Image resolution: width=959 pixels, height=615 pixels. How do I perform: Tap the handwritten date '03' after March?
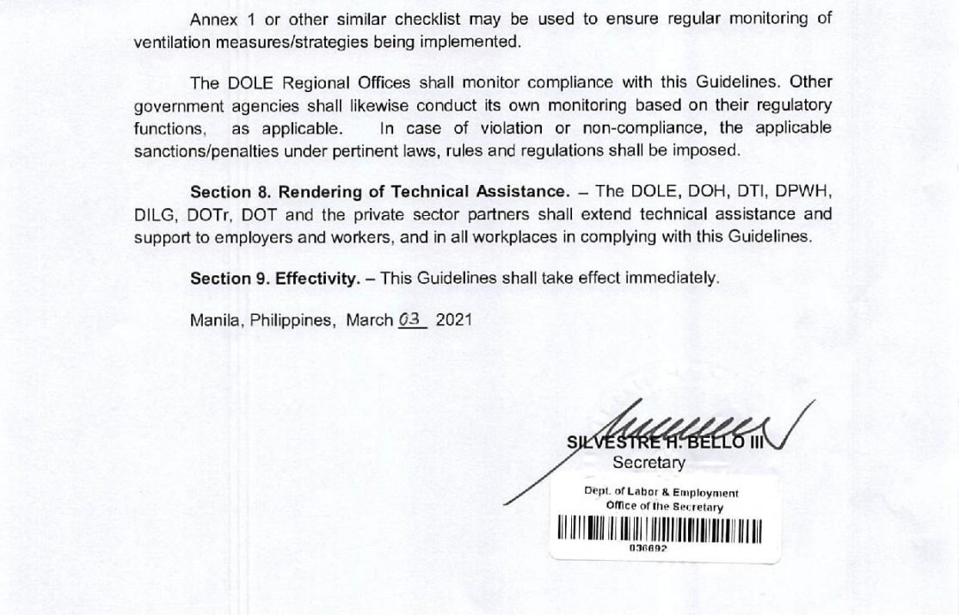tap(413, 318)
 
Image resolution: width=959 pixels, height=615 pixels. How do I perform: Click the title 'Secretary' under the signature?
tap(649, 463)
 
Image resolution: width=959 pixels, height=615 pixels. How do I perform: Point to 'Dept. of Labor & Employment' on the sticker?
tap(661, 493)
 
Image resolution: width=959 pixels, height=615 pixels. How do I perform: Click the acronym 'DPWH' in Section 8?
tap(808, 191)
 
